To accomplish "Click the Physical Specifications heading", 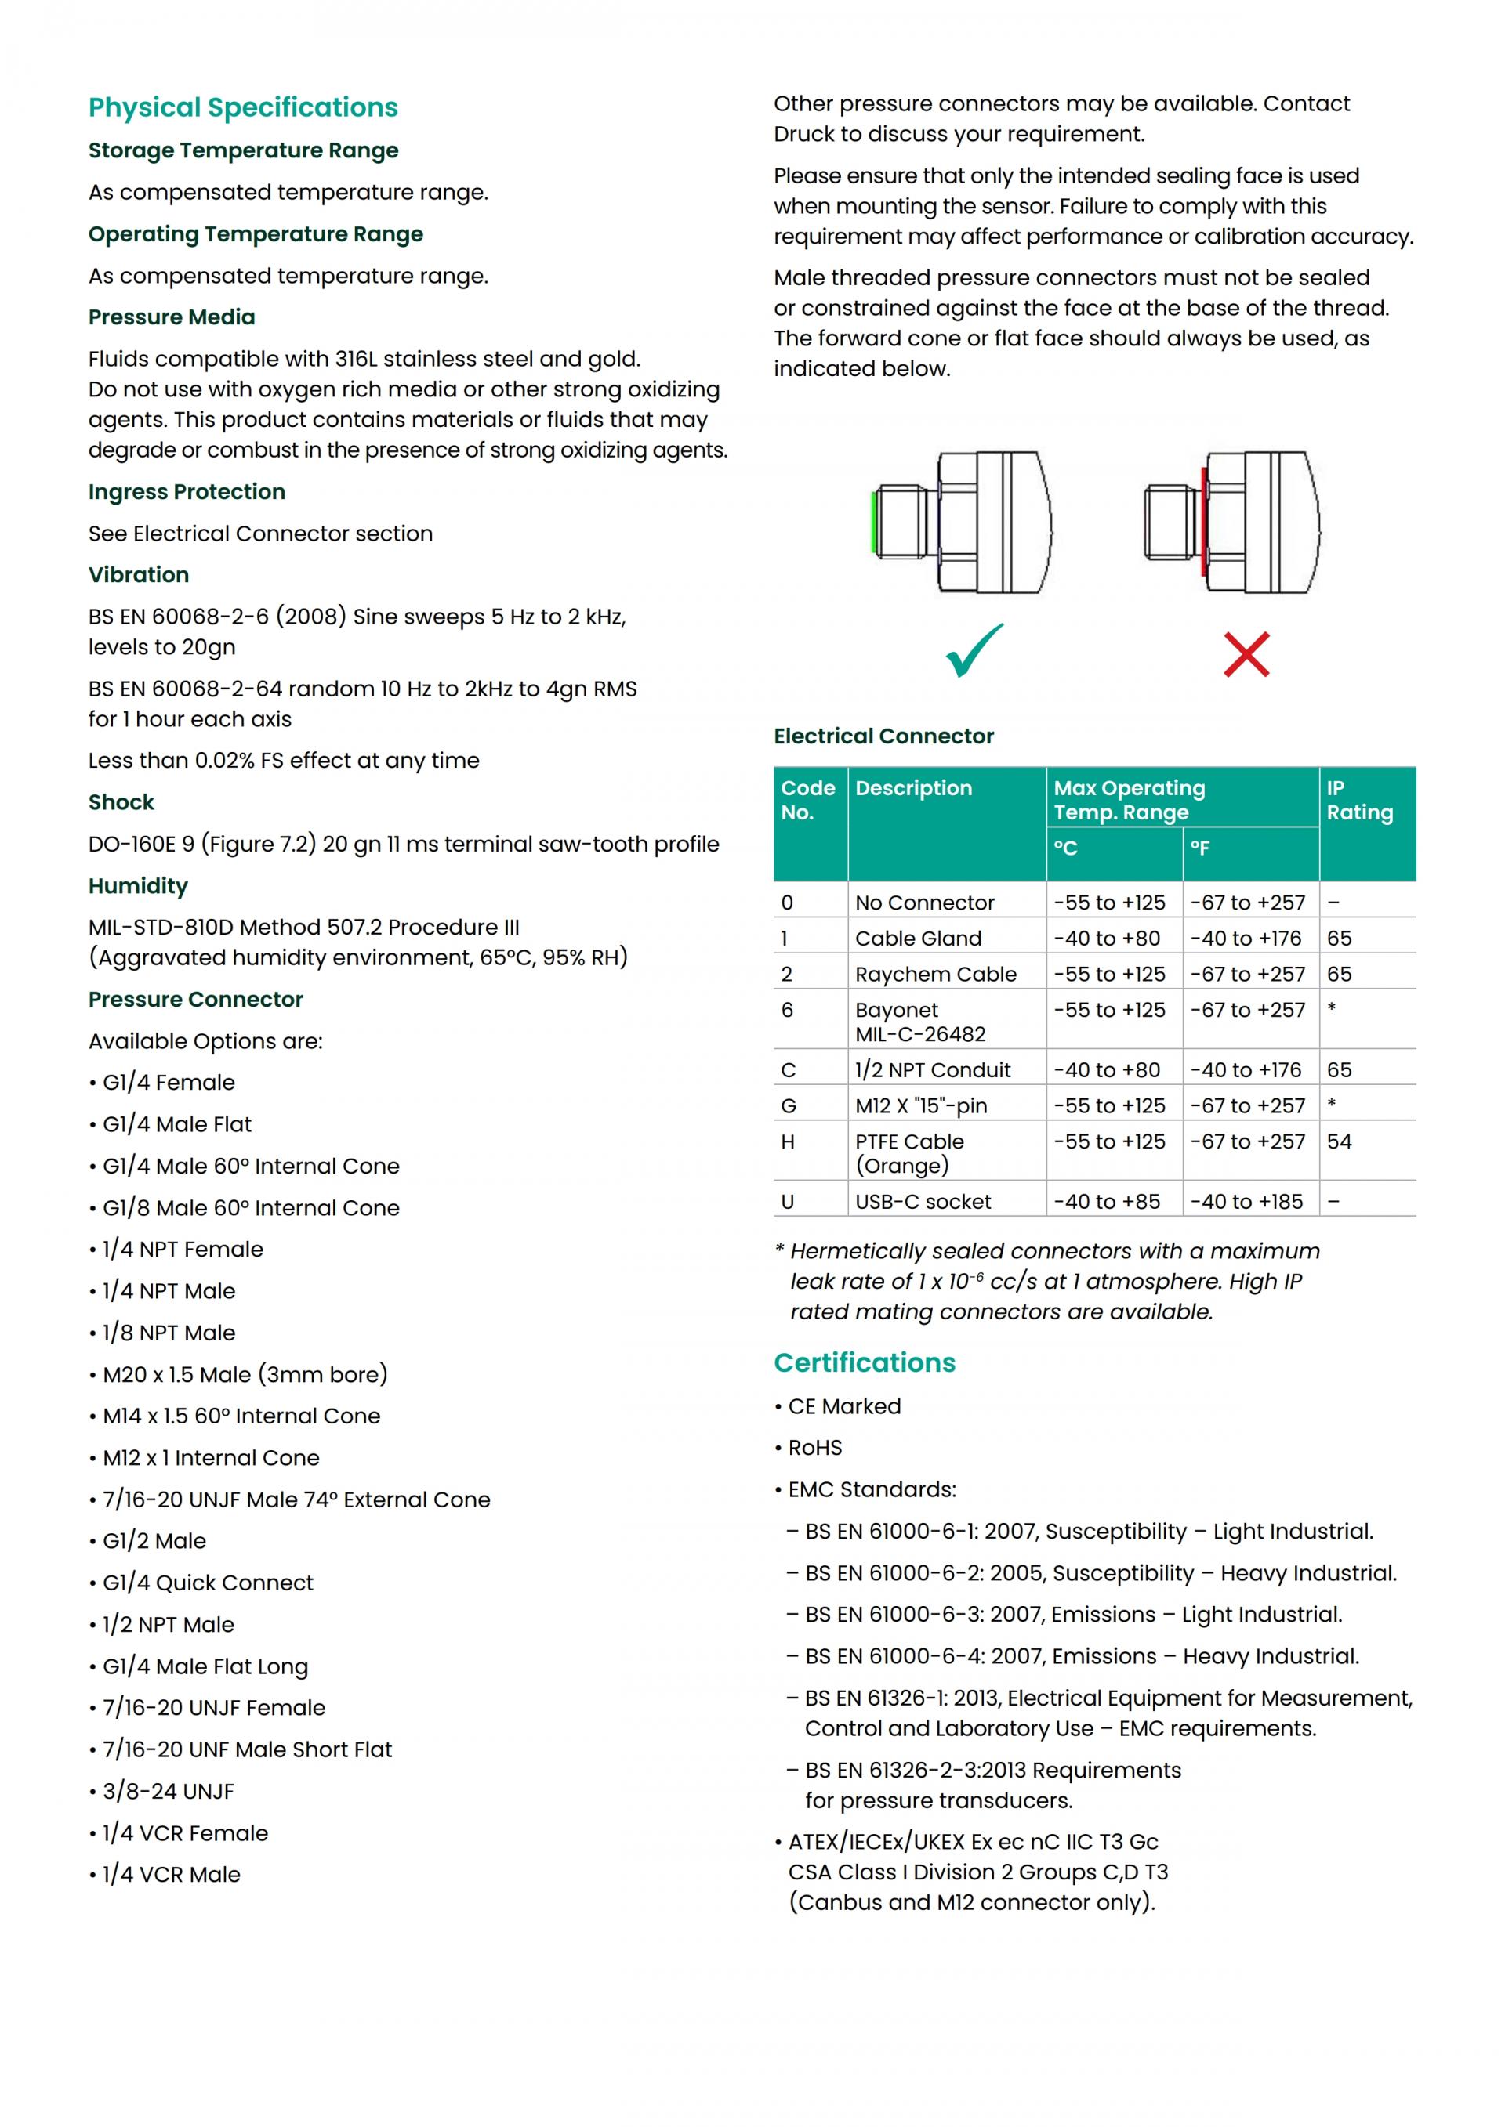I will point(243,107).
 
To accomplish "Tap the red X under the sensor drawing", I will point(1246,654).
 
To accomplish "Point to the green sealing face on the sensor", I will point(875,523).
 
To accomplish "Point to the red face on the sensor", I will point(1204,522).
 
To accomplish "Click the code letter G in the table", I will point(789,1106).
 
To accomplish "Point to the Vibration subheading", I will point(138,574).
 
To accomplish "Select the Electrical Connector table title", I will point(883,736).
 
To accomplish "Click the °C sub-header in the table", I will point(1066,848).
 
